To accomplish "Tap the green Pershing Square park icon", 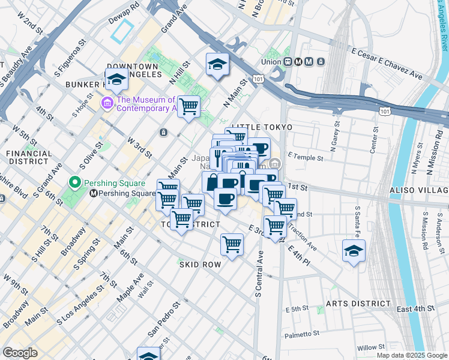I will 75,182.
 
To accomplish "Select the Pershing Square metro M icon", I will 94,193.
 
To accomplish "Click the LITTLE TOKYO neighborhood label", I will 262,128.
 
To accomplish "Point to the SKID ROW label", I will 200,264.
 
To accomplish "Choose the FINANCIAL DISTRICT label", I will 29,158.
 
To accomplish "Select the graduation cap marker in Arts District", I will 354,251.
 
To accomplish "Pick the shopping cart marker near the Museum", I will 189,107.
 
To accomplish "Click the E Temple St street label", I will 306,158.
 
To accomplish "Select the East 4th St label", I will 415,308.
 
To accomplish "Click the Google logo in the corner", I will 20,353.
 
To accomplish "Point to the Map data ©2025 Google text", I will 411,355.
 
